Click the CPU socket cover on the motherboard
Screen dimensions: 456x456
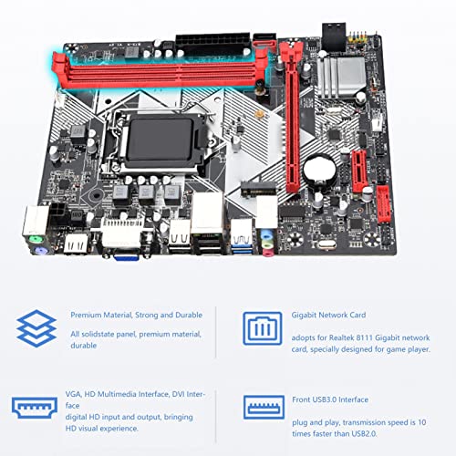coord(160,140)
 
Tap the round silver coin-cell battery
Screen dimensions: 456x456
coord(319,171)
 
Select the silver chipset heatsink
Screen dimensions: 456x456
coord(341,78)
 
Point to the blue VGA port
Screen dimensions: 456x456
coord(127,257)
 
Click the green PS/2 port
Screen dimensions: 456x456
coord(36,241)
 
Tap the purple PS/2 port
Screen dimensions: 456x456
coord(40,252)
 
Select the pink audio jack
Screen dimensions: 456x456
coord(268,253)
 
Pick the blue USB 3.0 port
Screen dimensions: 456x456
coord(242,248)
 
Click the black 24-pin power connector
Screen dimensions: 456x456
coord(212,44)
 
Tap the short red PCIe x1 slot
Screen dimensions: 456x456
coord(359,171)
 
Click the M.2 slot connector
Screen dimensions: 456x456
coord(258,189)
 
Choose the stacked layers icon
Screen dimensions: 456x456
coord(36,328)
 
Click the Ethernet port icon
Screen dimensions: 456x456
coord(263,328)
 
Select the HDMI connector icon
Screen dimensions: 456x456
coord(35,408)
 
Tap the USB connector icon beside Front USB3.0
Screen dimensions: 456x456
coord(264,407)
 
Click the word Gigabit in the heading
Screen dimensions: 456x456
coord(304,316)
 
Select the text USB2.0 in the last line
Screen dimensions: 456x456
coord(364,433)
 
